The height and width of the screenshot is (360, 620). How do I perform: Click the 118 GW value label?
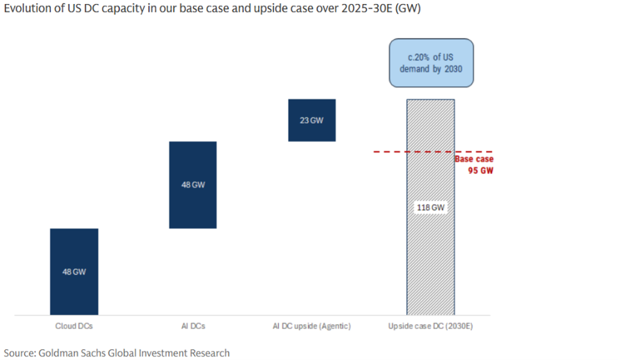(431, 208)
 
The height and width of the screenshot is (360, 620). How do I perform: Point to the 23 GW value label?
(312, 121)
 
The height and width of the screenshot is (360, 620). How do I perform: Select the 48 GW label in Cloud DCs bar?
(74, 272)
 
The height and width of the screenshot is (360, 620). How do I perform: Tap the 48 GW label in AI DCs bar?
(193, 185)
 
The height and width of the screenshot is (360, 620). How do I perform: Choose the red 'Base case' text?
(473, 159)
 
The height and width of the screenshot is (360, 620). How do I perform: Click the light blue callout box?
(431, 63)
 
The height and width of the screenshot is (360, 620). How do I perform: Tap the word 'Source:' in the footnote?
(19, 352)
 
